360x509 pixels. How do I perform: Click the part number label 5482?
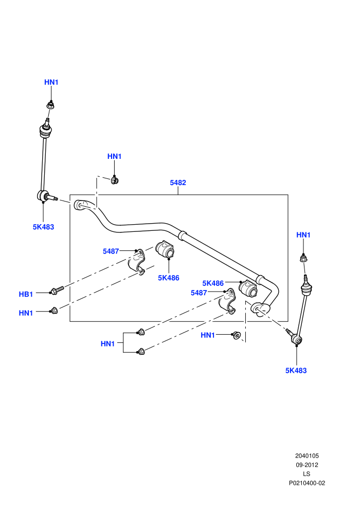pos(178,183)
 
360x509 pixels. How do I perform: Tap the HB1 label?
pos(26,294)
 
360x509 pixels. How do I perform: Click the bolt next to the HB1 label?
pos(57,289)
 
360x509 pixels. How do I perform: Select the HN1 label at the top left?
pos(51,82)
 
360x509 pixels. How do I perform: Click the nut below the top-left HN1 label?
pos(50,105)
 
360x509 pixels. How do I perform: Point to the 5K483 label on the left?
pos(44,227)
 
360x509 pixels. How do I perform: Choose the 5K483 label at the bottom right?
pos(296,370)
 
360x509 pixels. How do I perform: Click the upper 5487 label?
pos(111,251)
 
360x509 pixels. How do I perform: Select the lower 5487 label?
pos(199,293)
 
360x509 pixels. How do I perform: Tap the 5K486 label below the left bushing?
pos(169,278)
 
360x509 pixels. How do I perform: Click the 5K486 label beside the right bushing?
pos(213,283)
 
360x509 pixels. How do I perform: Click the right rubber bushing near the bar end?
pos(248,288)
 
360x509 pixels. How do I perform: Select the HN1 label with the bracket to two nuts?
pos(108,343)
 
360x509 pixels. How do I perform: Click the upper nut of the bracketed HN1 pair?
pos(141,332)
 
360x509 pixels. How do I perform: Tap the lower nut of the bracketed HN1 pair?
pos(141,352)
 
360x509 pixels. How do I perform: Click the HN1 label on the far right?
pos(303,234)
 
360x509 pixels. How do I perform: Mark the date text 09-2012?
pos(307,465)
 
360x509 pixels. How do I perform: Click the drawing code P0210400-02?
pos(307,483)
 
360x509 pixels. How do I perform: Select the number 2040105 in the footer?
pos(307,456)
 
